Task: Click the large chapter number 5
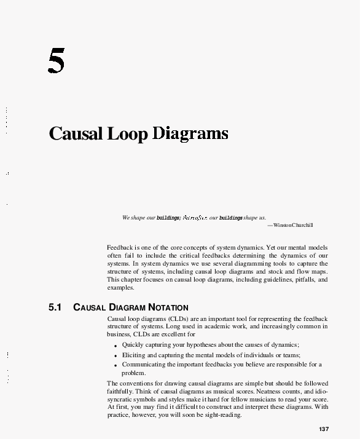coord(56,61)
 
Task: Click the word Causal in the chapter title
coord(77,133)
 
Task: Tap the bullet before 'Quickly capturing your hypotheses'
coord(115,346)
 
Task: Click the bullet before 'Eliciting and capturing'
coord(115,355)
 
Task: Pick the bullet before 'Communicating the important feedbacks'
coord(115,365)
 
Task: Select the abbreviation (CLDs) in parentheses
coord(176,318)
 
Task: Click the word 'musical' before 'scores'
coord(235,392)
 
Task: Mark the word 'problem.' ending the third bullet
coord(133,373)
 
